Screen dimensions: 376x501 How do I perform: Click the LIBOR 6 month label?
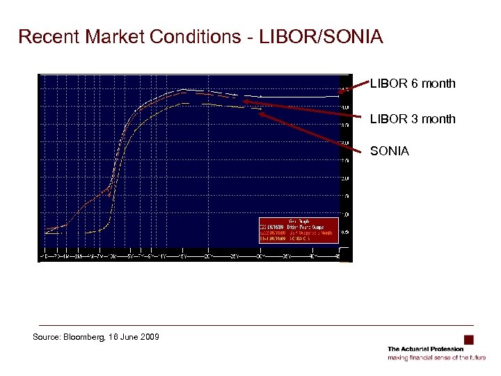[413, 84]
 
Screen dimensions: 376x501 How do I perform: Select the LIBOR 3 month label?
[413, 119]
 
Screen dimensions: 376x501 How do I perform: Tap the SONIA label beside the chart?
[390, 151]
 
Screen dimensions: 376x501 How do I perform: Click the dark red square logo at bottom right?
[469, 340]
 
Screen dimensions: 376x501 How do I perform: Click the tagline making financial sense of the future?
[436, 357]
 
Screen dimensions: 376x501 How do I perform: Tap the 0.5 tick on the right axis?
[345, 233]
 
